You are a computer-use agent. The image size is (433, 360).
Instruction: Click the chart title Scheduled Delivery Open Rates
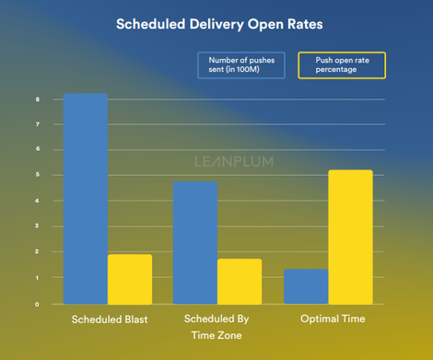click(216, 24)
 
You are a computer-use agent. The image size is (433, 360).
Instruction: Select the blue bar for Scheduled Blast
click(85, 198)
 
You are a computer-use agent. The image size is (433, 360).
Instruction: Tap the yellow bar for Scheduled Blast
click(130, 279)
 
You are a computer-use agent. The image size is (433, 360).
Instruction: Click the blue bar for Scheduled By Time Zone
click(194, 242)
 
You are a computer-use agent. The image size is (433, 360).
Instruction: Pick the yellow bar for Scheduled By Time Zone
click(240, 281)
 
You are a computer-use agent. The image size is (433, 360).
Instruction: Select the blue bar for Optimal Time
click(305, 285)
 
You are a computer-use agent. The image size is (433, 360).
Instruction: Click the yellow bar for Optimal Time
click(350, 237)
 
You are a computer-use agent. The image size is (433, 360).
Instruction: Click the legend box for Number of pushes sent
click(241, 65)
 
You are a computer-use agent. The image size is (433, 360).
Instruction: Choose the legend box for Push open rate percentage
click(341, 65)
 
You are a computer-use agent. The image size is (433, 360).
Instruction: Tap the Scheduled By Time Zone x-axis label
click(216, 327)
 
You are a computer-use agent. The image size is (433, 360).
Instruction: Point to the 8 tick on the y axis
click(37, 99)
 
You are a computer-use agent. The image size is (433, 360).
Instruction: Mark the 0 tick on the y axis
click(37, 304)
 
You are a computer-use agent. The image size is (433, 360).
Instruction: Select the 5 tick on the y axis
click(37, 175)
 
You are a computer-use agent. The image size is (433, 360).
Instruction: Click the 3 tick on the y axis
click(37, 226)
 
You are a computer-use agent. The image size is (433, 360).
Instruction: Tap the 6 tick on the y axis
click(37, 149)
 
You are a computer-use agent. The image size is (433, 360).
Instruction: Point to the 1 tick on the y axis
click(37, 277)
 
